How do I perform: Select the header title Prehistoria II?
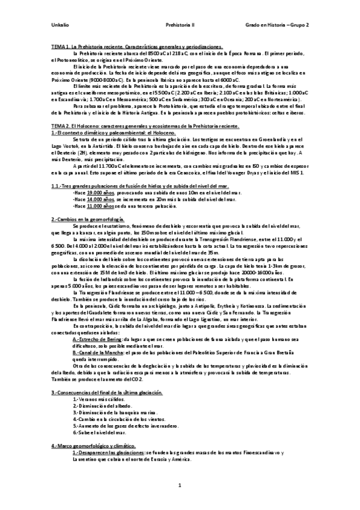179,25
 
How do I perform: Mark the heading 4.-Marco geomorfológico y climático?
91,444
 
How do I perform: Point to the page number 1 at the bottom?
180,485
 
